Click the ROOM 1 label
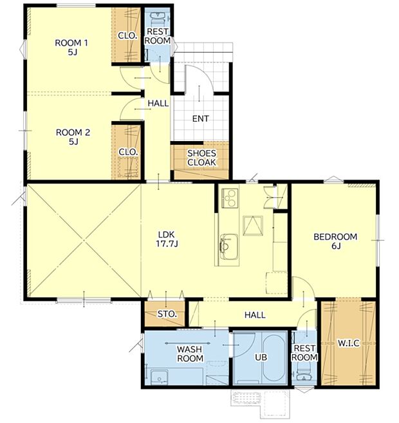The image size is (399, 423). pyautogui.click(x=71, y=48)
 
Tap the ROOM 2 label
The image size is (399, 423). pyautogui.click(x=73, y=137)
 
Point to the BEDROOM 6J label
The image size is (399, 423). pyautogui.click(x=335, y=242)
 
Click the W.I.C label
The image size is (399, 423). pyautogui.click(x=348, y=343)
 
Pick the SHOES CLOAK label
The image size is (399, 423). pyautogui.click(x=201, y=158)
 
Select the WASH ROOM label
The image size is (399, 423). pyautogui.click(x=190, y=353)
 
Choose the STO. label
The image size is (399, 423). pyautogui.click(x=167, y=314)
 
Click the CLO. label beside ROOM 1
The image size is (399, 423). pyautogui.click(x=127, y=36)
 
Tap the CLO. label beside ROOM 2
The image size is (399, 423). pyautogui.click(x=127, y=152)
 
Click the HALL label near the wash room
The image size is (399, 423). pyautogui.click(x=255, y=315)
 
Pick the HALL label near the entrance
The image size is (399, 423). pyautogui.click(x=158, y=103)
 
